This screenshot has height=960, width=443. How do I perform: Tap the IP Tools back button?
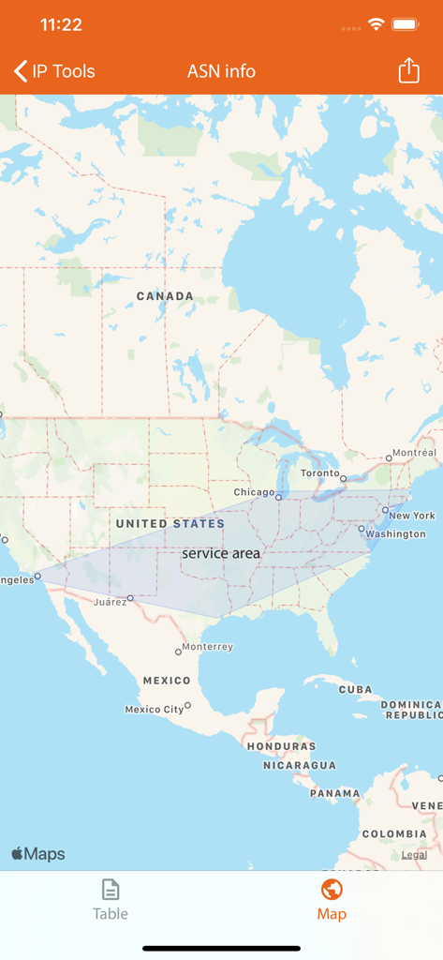[54, 71]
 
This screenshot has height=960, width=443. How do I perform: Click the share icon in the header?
[408, 71]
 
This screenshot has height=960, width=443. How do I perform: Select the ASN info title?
[221, 71]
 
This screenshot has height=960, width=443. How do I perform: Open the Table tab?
[111, 900]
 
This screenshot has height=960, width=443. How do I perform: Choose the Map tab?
[332, 900]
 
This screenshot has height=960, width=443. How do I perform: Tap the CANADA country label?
[165, 296]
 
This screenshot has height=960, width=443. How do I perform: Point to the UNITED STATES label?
[170, 523]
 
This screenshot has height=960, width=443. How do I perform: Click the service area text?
[221, 553]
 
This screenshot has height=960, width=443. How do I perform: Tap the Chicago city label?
[254, 492]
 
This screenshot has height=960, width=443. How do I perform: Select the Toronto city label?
[319, 473]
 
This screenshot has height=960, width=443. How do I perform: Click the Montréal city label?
[414, 453]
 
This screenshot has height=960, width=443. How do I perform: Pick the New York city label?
[412, 516]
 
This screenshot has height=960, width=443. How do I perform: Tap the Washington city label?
[396, 534]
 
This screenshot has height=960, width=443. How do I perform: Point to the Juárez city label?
[110, 602]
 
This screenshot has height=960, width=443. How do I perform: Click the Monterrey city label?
[207, 647]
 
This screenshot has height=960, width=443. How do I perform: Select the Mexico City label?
[155, 710]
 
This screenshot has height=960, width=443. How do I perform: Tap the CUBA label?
[355, 689]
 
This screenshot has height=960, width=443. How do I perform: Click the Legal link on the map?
[414, 855]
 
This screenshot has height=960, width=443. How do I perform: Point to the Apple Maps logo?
[38, 854]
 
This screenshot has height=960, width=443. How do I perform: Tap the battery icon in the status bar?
[406, 24]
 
